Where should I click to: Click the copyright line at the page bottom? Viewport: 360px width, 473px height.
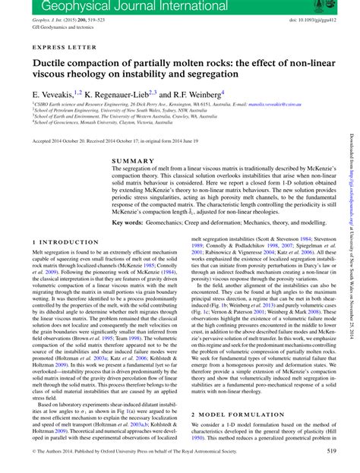click(x=137, y=452)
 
